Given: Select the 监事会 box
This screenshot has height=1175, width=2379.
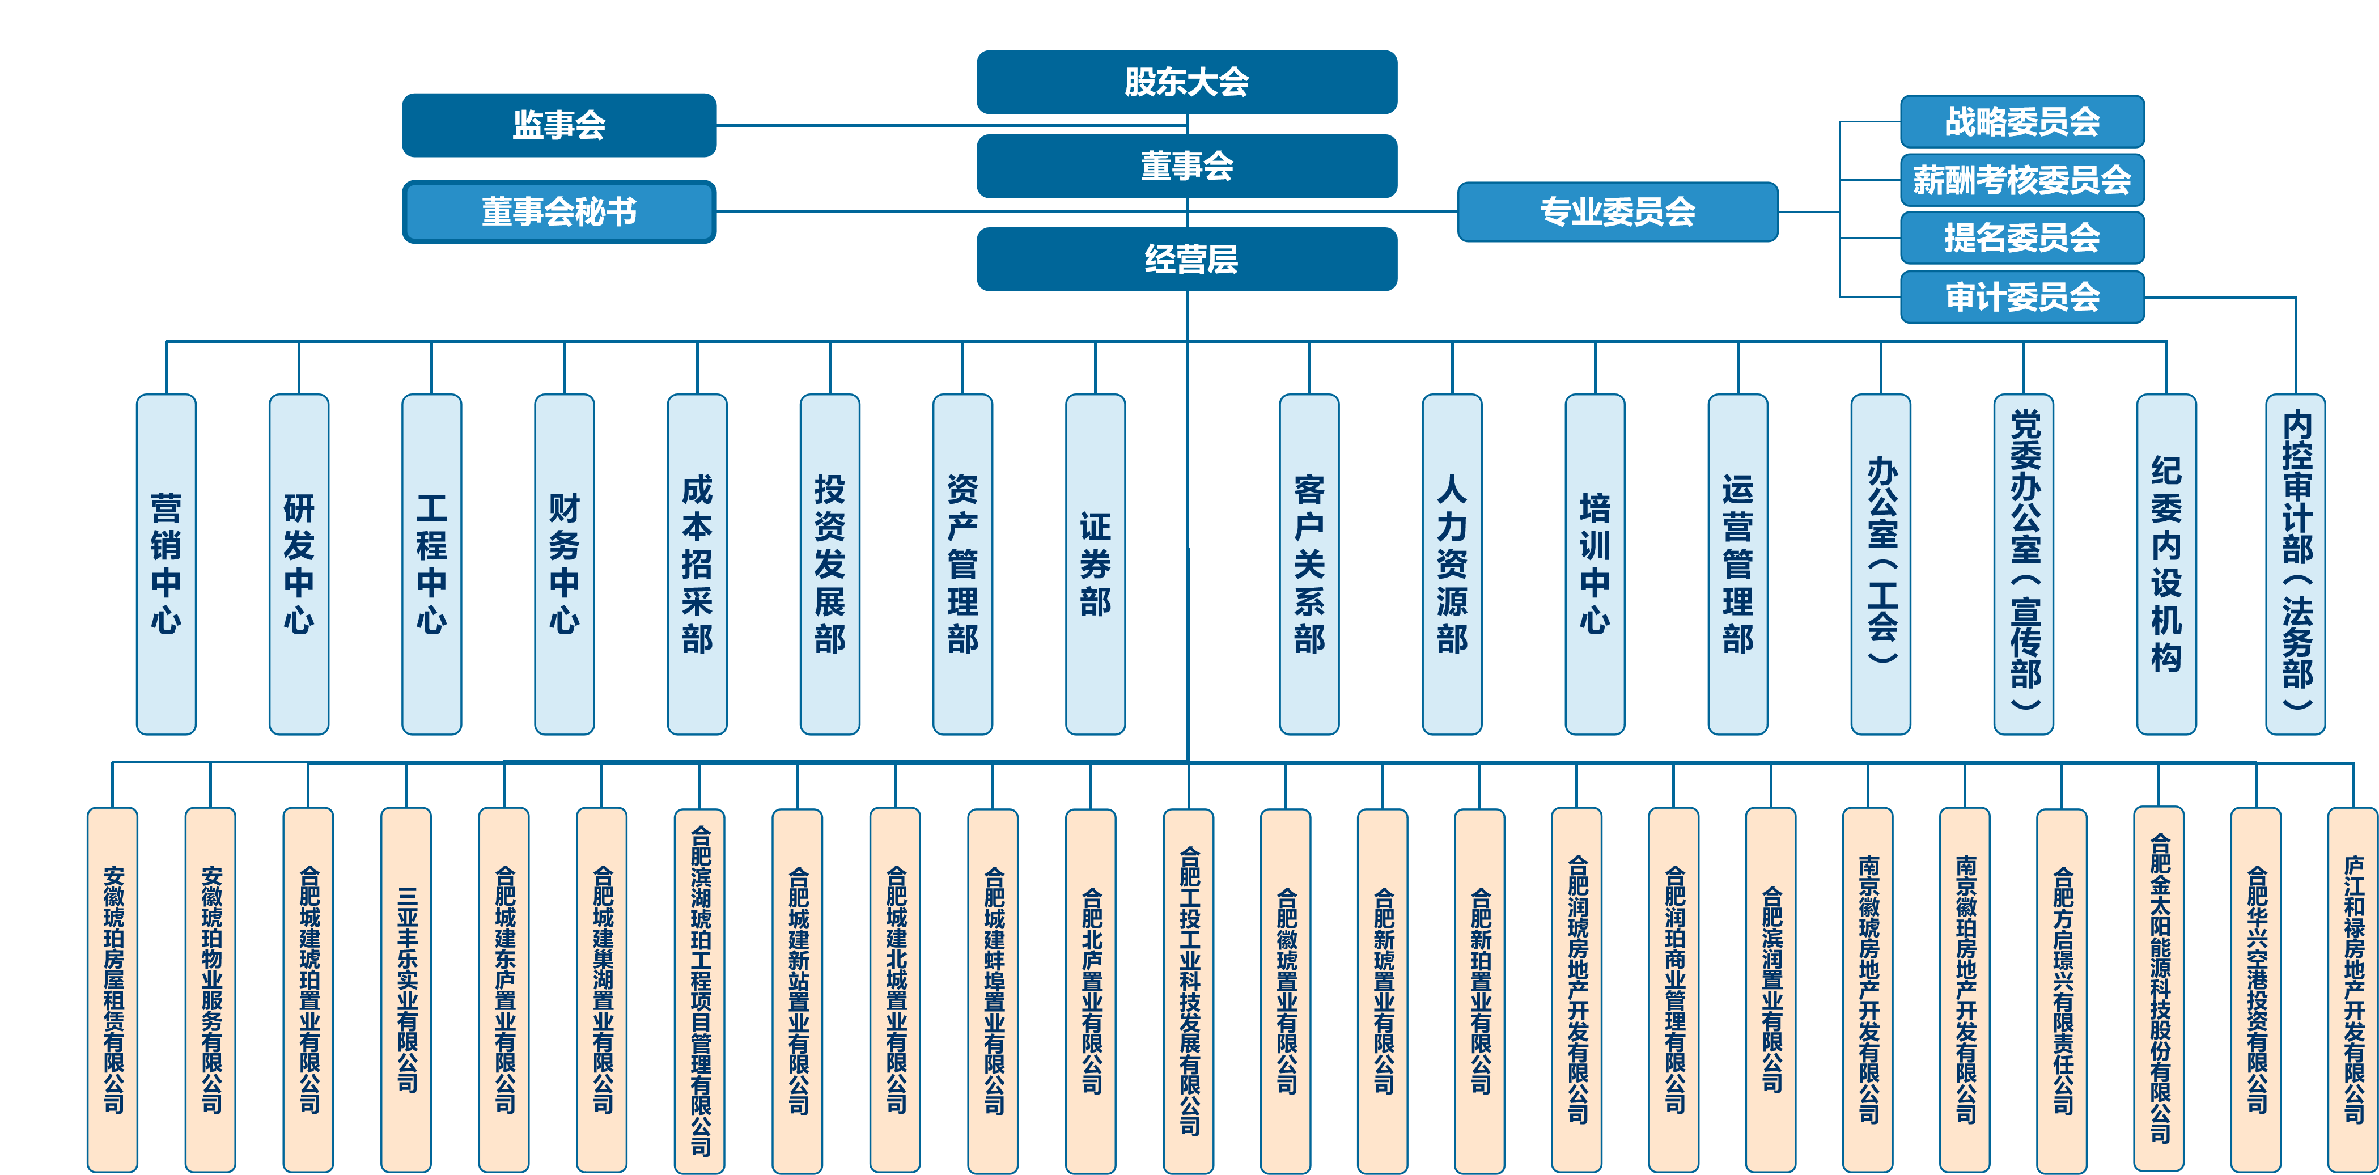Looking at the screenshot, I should pos(559,125).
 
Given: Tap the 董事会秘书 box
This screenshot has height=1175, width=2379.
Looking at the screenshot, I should pos(559,211).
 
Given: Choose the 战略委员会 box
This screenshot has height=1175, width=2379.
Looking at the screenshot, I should pos(2021,121).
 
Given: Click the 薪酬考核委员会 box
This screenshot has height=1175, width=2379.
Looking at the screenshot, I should pos(2021,179).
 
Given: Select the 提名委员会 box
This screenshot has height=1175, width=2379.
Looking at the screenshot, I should pos(2021,237).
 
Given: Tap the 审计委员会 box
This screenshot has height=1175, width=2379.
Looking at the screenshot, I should pos(2021,296).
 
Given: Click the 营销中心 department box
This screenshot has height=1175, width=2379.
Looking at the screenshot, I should pos(166,563).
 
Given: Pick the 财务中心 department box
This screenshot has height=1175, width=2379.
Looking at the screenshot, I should pos(564,563).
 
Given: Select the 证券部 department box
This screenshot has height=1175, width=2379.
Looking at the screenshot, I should pos(1095,563).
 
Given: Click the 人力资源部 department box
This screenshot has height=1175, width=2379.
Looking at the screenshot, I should pos(1452,563).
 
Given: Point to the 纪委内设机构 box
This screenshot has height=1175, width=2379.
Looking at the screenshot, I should pos(2166,563).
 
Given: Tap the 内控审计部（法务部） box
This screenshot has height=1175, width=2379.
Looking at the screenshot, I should pos(2296,563).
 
